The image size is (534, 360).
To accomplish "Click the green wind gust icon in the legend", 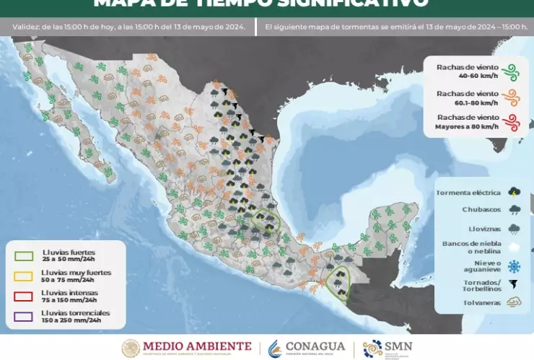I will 511,71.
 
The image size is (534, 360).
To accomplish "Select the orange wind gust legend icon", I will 511,97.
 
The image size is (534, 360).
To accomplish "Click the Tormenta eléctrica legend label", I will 468,193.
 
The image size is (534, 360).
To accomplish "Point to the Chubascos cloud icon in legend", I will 514,211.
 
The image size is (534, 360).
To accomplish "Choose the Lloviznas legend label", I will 479,227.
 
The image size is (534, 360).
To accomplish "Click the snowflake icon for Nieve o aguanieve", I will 514,265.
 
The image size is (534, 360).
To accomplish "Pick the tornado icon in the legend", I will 514,284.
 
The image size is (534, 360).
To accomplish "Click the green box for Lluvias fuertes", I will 24,255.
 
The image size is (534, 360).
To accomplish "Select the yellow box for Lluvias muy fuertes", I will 24,276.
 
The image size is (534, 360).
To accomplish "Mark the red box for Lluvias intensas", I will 24,296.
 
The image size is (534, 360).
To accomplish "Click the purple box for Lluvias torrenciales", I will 24,316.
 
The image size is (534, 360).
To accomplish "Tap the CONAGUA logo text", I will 315,346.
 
